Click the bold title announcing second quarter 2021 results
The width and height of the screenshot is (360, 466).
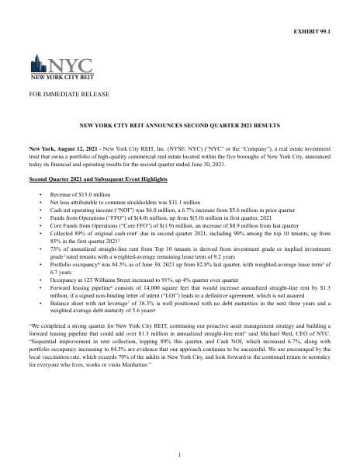179,125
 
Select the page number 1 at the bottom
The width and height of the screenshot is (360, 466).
179,454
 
